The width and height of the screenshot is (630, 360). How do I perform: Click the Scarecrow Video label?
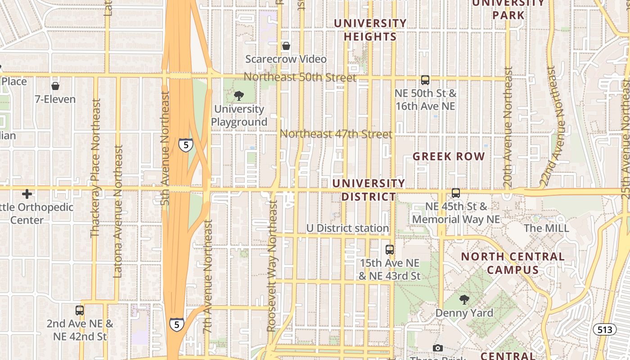click(x=286, y=59)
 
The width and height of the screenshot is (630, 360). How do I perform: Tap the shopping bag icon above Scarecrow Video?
click(x=286, y=46)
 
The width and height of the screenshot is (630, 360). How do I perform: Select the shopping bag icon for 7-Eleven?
click(x=55, y=86)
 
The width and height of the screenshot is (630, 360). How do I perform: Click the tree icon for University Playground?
click(x=238, y=95)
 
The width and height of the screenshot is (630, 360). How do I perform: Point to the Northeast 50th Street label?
click(x=300, y=77)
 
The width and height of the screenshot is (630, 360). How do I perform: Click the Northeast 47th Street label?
click(x=336, y=134)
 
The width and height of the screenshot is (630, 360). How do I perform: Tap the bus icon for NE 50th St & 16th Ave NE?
click(x=425, y=80)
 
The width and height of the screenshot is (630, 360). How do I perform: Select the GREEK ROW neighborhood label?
click(x=449, y=157)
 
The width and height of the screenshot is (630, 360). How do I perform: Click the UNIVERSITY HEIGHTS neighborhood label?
click(x=370, y=30)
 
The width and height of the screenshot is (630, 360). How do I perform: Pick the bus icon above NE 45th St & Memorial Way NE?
click(x=456, y=193)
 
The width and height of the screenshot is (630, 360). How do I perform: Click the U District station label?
click(x=347, y=228)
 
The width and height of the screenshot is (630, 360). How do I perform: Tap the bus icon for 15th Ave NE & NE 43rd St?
click(x=390, y=249)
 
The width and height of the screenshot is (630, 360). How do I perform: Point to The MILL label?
click(x=546, y=228)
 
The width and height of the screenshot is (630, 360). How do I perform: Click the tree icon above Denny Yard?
click(x=464, y=300)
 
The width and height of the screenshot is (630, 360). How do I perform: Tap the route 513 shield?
click(x=604, y=329)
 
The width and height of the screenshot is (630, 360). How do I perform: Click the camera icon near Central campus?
click(x=437, y=348)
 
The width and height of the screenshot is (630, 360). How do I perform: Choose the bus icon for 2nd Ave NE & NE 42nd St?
click(x=80, y=310)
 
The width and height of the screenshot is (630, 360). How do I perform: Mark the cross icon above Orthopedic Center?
click(x=27, y=194)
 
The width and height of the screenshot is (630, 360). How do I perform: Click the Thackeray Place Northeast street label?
click(x=95, y=168)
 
